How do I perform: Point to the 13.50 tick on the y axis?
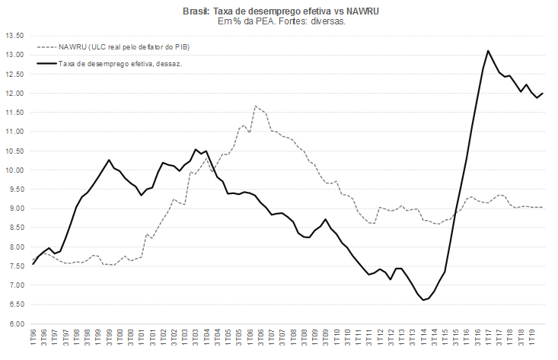(14, 36)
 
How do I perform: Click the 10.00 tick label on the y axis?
(14, 170)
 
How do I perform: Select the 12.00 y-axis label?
(14, 93)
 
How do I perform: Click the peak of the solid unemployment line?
(487, 51)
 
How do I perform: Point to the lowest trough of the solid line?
(422, 300)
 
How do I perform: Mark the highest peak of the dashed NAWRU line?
(255, 106)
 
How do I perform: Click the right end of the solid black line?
(542, 93)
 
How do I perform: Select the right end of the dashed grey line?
(542, 207)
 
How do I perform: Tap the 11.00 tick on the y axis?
(14, 132)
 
